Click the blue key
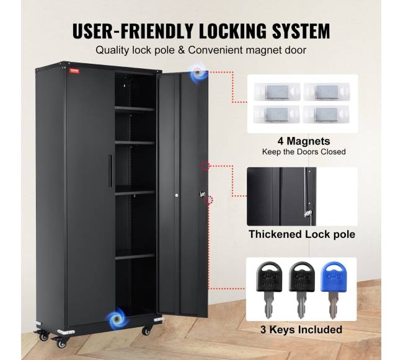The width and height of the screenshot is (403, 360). click(334, 290)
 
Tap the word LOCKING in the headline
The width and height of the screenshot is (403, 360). click(233, 31)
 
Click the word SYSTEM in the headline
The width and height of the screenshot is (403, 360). click(301, 31)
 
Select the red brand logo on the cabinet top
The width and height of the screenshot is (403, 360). click(75, 71)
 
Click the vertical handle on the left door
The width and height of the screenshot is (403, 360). click(110, 170)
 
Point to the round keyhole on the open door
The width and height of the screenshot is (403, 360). click(177, 195)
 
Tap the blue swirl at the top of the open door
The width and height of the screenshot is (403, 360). click(197, 73)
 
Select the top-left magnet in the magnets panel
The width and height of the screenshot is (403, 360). click(277, 92)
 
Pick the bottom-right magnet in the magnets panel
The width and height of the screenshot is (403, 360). click(326, 114)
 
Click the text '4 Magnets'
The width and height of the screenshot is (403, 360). click(304, 141)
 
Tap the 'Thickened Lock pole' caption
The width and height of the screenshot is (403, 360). click(302, 234)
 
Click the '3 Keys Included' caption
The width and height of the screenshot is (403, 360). click(301, 330)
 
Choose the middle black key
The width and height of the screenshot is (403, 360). click(302, 290)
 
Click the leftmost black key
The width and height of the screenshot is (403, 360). click(269, 290)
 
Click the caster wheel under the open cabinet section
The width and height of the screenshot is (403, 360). click(147, 330)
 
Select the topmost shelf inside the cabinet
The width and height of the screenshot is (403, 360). click(135, 109)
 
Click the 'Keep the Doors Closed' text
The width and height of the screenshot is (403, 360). click(304, 152)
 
